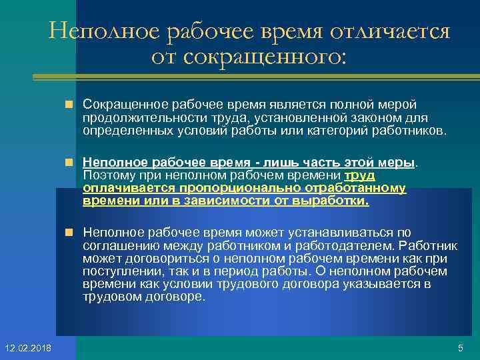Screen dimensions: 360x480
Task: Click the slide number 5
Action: point(460,348)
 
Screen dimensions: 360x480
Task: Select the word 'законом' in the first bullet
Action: point(357,118)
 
